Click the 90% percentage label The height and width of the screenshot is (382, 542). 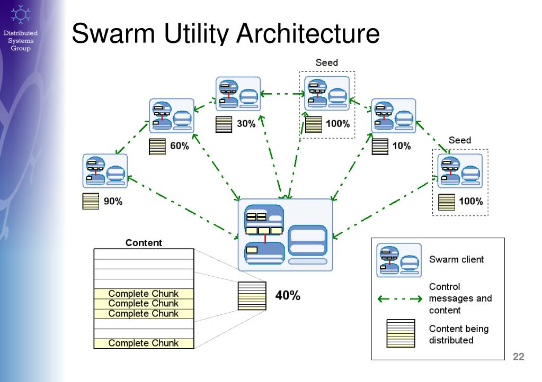click(x=113, y=201)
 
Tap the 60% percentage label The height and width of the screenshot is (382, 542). click(x=180, y=146)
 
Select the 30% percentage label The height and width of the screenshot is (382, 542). click(x=246, y=123)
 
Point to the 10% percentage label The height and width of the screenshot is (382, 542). click(x=401, y=146)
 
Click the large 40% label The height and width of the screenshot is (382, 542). click(x=288, y=295)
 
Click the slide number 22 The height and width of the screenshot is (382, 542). click(x=519, y=357)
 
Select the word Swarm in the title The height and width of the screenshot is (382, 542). click(x=113, y=33)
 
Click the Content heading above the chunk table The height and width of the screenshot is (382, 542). click(x=144, y=243)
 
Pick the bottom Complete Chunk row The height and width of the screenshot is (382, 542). click(x=144, y=343)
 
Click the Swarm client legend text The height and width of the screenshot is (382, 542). click(x=456, y=259)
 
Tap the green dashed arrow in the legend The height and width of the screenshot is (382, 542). click(x=400, y=299)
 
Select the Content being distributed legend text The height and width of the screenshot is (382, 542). click(x=459, y=334)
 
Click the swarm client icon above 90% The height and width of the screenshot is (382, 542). click(x=105, y=171)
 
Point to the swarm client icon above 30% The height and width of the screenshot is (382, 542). click(x=238, y=94)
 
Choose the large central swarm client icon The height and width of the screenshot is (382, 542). click(x=286, y=235)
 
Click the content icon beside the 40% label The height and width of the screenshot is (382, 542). click(x=252, y=296)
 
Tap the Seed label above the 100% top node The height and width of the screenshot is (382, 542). click(x=327, y=63)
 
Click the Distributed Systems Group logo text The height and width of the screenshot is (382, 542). click(x=21, y=41)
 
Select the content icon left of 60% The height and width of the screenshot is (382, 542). click(x=157, y=147)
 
